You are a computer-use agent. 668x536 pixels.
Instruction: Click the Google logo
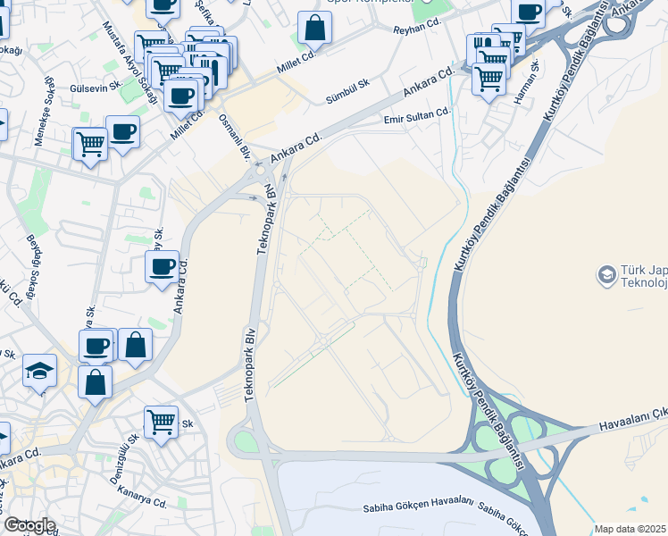coord(29,525)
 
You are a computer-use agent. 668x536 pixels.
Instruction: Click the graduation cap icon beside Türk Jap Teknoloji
coord(607,273)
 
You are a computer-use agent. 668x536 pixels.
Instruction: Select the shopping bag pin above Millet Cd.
coord(314,28)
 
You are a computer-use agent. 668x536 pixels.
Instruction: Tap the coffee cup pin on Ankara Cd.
coord(162,266)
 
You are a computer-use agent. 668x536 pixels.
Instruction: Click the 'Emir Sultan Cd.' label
coord(417,114)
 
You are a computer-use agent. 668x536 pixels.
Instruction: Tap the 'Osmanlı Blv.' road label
coord(237,138)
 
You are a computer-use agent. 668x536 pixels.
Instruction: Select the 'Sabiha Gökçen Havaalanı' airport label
coord(417,507)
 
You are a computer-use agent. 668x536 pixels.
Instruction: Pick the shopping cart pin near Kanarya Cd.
coord(161,421)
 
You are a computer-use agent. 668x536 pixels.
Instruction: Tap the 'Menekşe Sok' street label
coord(44,112)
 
